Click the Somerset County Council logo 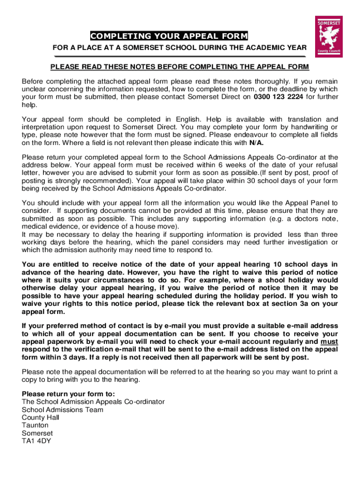tap(329, 37)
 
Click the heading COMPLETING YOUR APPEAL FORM tap(169, 36)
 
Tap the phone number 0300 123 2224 tap(278, 97)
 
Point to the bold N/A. tap(255, 143)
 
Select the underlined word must tap(329, 341)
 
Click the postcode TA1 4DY tap(36, 441)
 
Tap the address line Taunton tap(35, 425)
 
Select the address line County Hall tap(41, 417)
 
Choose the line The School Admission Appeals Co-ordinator tap(93, 402)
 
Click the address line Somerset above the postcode tap(37, 433)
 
